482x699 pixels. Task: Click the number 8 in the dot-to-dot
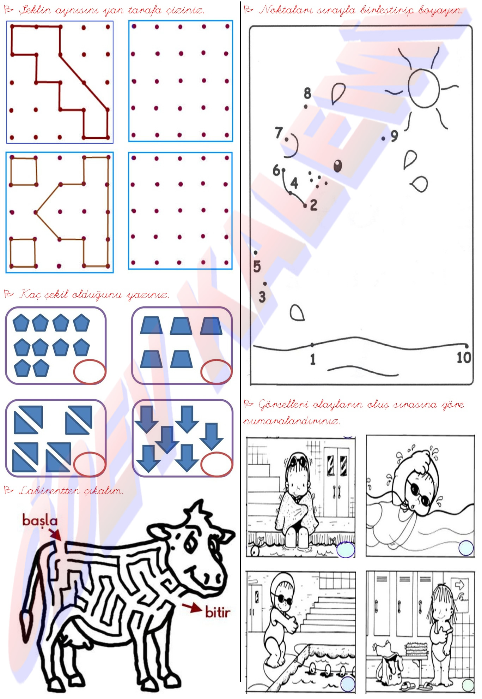(x=307, y=93)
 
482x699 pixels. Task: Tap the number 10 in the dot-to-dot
(x=464, y=358)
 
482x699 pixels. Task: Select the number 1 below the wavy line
(x=312, y=359)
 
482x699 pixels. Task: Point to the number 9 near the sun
(x=394, y=136)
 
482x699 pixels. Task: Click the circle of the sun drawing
(x=409, y=88)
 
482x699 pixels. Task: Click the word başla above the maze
(x=39, y=521)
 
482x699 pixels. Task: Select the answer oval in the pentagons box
(x=90, y=371)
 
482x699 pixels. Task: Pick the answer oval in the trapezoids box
(x=216, y=371)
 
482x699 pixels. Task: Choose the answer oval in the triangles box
(x=90, y=464)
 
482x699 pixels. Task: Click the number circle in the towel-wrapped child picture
(x=346, y=550)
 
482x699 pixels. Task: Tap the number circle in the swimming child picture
(x=466, y=548)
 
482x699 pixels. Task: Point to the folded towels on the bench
(x=416, y=649)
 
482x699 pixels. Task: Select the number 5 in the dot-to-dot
(x=257, y=267)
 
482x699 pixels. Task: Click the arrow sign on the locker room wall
(x=459, y=585)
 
